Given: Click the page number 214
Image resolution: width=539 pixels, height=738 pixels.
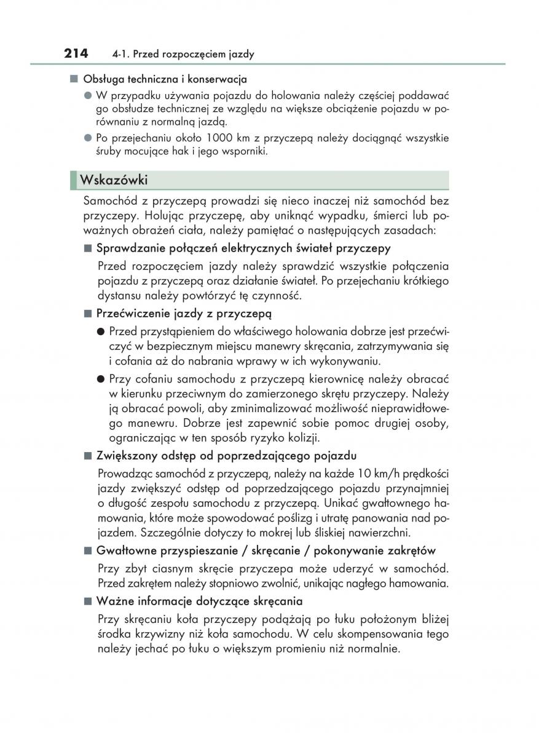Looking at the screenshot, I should [x=76, y=54].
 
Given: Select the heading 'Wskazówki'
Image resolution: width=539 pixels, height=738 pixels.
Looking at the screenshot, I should [x=114, y=180].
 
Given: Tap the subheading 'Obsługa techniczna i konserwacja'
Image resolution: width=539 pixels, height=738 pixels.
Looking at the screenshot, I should [x=165, y=79].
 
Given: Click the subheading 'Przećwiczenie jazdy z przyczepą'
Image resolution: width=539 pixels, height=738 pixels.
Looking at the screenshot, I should [x=184, y=314].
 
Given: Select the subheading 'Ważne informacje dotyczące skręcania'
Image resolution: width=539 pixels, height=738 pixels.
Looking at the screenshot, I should [x=199, y=601].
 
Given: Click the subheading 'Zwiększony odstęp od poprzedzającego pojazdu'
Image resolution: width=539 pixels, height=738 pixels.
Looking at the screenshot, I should [x=226, y=456].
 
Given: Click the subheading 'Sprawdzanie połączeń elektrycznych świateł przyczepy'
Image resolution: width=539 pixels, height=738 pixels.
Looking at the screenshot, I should [x=243, y=248].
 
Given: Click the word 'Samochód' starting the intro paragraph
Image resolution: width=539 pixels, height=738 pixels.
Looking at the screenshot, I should [x=110, y=201].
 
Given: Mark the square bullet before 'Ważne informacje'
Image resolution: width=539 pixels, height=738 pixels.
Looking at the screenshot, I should [x=87, y=601].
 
